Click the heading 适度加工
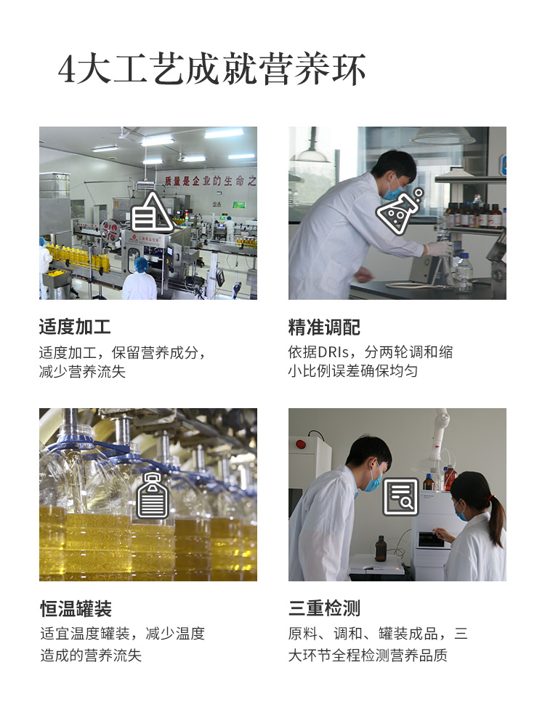75,327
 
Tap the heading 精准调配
324,327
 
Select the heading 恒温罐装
76,608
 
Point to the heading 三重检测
324,608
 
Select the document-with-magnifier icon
400,496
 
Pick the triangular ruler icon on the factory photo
152,212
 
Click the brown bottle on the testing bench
381,549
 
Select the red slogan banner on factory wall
210,180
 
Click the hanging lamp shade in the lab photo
443,135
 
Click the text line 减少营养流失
82,372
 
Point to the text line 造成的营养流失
91,655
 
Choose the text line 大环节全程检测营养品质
368,655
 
